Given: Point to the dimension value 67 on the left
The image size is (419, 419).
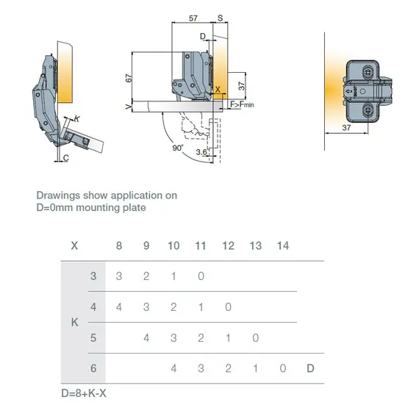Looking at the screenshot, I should [x=129, y=79].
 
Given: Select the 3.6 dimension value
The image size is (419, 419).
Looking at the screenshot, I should [x=201, y=151].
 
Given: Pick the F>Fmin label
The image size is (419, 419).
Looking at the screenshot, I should [x=242, y=106].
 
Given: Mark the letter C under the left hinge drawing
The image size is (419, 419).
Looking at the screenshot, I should [x=65, y=158].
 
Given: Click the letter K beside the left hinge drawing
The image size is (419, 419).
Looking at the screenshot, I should [x=77, y=118].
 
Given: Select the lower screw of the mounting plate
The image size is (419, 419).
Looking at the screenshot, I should [x=366, y=110].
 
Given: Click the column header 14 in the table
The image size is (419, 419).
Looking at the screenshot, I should [x=282, y=246].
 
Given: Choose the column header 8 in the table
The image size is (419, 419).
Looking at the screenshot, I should [x=119, y=246].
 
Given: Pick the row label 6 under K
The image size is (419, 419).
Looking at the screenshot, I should [x=93, y=368].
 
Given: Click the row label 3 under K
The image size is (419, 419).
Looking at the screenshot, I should [x=93, y=276].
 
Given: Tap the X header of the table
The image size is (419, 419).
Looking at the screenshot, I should [x=74, y=246].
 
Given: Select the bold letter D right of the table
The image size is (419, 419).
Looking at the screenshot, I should [x=310, y=368].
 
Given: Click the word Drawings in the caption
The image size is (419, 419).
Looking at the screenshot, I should [x=57, y=196].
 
